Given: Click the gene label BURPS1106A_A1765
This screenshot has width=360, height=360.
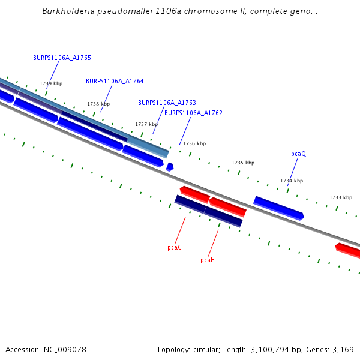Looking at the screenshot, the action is pyautogui.click(x=62, y=58).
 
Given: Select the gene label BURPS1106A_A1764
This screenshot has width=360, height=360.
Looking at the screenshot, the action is pyautogui.click(x=115, y=81).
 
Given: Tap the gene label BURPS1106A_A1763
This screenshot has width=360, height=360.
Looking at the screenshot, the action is pyautogui.click(x=167, y=103).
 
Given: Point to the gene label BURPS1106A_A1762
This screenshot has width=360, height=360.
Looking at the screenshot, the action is pyautogui.click(x=193, y=113).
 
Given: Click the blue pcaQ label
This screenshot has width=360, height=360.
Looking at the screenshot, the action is pyautogui.click(x=298, y=154).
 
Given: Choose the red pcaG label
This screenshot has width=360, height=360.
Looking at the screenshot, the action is pyautogui.click(x=175, y=247).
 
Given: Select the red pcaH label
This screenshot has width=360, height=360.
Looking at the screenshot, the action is pyautogui.click(x=208, y=260).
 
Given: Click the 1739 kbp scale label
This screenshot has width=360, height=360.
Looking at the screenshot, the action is pyautogui.click(x=51, y=84).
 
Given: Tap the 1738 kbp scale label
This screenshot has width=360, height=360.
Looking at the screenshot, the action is pyautogui.click(x=98, y=104).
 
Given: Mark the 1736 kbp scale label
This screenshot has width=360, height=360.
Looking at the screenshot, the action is pyautogui.click(x=194, y=144).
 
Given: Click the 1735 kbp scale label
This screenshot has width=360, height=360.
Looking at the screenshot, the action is pyautogui.click(x=243, y=163).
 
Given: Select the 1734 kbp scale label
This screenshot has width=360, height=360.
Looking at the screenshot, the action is pyautogui.click(x=292, y=181).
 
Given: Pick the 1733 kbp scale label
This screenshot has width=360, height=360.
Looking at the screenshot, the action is pyautogui.click(x=341, y=198).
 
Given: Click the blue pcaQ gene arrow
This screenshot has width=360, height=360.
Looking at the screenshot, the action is pyautogui.click(x=278, y=208).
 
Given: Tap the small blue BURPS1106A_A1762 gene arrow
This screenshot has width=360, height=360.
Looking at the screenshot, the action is pyautogui.click(x=170, y=167).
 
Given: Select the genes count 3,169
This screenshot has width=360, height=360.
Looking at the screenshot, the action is pyautogui.click(x=341, y=350).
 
